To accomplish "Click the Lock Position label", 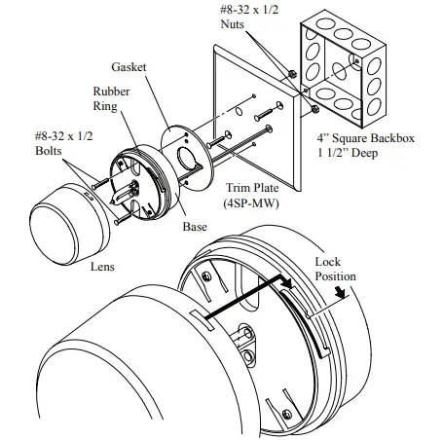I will (335, 269).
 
